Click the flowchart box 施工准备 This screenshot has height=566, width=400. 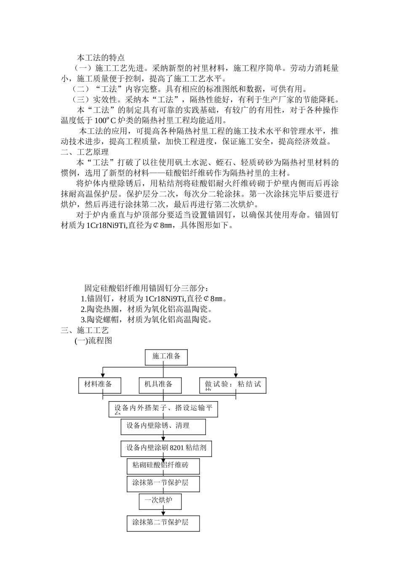point(166,357)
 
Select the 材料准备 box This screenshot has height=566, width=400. point(100,384)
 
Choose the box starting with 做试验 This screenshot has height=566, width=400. point(232,385)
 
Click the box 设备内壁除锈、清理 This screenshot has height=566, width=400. point(163,426)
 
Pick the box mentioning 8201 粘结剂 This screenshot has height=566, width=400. point(166,448)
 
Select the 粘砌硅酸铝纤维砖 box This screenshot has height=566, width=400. point(163,466)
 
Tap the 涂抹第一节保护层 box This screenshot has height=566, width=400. point(163,483)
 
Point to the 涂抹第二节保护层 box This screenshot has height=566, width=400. point(163,523)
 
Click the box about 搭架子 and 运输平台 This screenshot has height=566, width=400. point(163,409)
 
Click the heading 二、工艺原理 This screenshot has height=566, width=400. point(85,152)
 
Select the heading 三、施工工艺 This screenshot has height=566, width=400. point(85,331)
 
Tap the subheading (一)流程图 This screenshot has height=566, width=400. point(93,341)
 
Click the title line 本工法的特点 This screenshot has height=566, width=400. point(101,58)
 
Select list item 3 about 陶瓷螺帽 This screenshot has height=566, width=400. point(146,320)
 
